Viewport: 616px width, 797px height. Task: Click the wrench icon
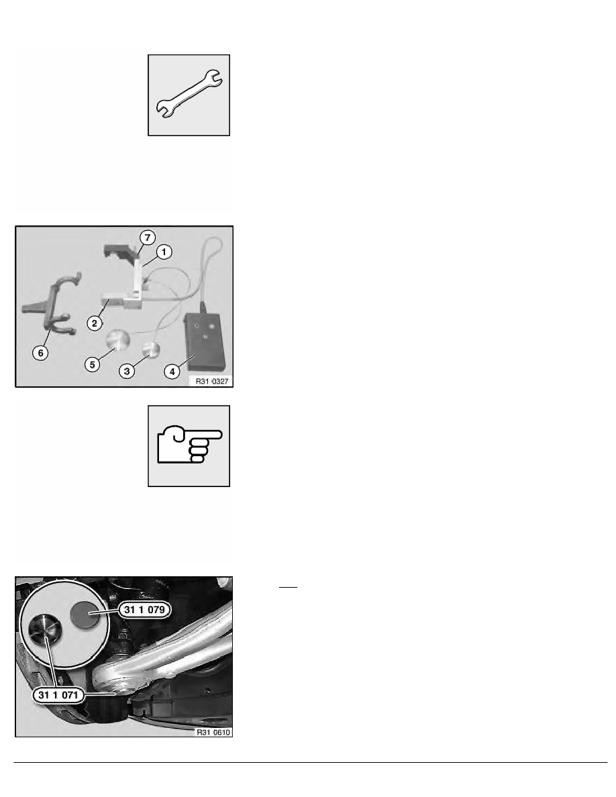click(x=189, y=95)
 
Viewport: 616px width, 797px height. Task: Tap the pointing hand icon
click(x=190, y=445)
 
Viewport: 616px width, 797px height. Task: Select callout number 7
click(x=148, y=237)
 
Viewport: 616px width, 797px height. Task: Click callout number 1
click(x=164, y=252)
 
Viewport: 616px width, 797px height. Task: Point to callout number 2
click(x=95, y=323)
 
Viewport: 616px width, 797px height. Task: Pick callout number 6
click(x=41, y=353)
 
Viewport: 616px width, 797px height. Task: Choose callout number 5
click(x=92, y=364)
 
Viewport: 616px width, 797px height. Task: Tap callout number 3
click(x=127, y=371)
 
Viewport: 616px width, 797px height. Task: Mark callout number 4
click(x=172, y=372)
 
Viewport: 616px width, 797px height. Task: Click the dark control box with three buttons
click(x=205, y=341)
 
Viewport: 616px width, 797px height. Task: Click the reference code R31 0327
click(x=212, y=381)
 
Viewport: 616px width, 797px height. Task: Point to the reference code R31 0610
click(x=213, y=733)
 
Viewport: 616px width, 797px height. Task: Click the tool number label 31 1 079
click(x=144, y=609)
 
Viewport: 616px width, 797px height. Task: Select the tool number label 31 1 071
click(x=58, y=695)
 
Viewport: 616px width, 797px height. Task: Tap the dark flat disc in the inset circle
click(x=87, y=614)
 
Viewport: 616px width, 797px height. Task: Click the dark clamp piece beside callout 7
click(x=120, y=252)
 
